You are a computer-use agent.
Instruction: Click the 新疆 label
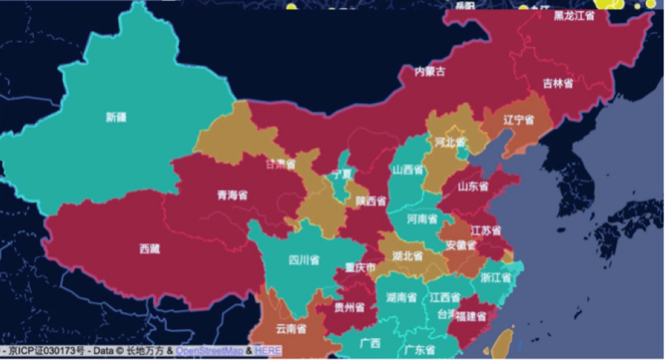116,117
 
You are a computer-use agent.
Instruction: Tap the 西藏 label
150,249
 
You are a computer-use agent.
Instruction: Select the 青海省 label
232,196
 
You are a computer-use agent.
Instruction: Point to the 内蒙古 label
430,71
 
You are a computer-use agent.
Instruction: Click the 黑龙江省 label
574,15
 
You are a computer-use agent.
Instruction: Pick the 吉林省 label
558,83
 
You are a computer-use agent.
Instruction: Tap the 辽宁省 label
518,119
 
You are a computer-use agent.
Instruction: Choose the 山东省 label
474,187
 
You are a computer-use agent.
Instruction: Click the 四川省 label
303,260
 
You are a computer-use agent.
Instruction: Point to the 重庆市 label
361,267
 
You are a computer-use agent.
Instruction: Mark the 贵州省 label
349,307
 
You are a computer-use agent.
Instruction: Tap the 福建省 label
471,317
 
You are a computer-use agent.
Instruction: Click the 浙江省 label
496,278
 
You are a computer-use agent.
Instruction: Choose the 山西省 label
407,169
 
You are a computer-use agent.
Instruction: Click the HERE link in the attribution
268,351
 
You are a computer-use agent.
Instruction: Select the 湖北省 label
407,256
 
